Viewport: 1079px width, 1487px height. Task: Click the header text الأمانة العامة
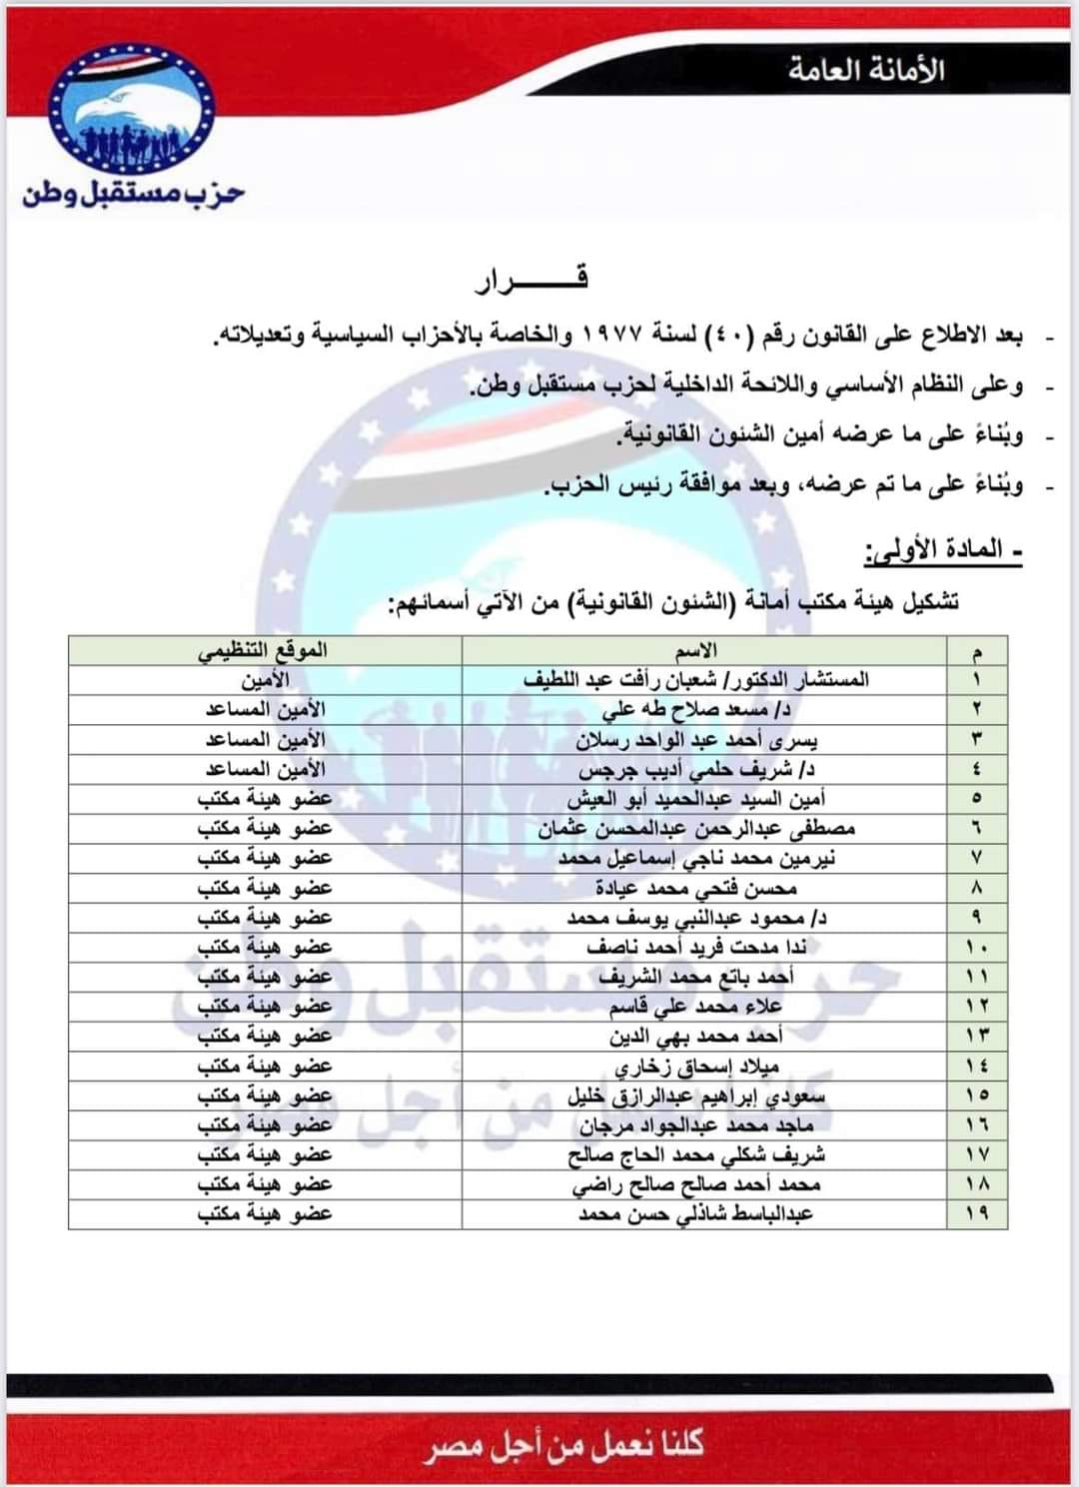(865, 71)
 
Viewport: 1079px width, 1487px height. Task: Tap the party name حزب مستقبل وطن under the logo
(133, 193)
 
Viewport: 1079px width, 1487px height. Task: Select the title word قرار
(532, 279)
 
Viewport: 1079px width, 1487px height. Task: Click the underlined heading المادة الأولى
(942, 550)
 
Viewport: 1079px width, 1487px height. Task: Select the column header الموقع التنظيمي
(264, 651)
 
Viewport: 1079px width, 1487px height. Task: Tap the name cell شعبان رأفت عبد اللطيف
(696, 680)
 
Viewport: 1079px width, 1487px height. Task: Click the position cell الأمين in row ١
(265, 680)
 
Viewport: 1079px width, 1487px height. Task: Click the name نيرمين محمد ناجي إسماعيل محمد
(696, 858)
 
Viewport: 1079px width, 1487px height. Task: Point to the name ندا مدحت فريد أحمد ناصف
(696, 947)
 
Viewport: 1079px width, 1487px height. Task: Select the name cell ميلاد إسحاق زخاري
(696, 1066)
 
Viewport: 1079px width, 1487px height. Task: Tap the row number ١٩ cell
(976, 1213)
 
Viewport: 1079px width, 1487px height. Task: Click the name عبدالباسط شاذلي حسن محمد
(696, 1213)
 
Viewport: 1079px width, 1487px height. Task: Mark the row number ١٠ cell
(976, 947)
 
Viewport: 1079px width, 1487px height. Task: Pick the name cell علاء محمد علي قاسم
(696, 1006)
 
